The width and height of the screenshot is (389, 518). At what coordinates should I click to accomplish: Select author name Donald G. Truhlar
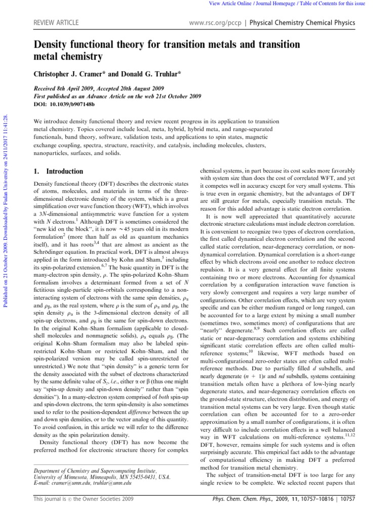[x=146, y=74]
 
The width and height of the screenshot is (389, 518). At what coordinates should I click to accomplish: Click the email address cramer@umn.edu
[x=66, y=483]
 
